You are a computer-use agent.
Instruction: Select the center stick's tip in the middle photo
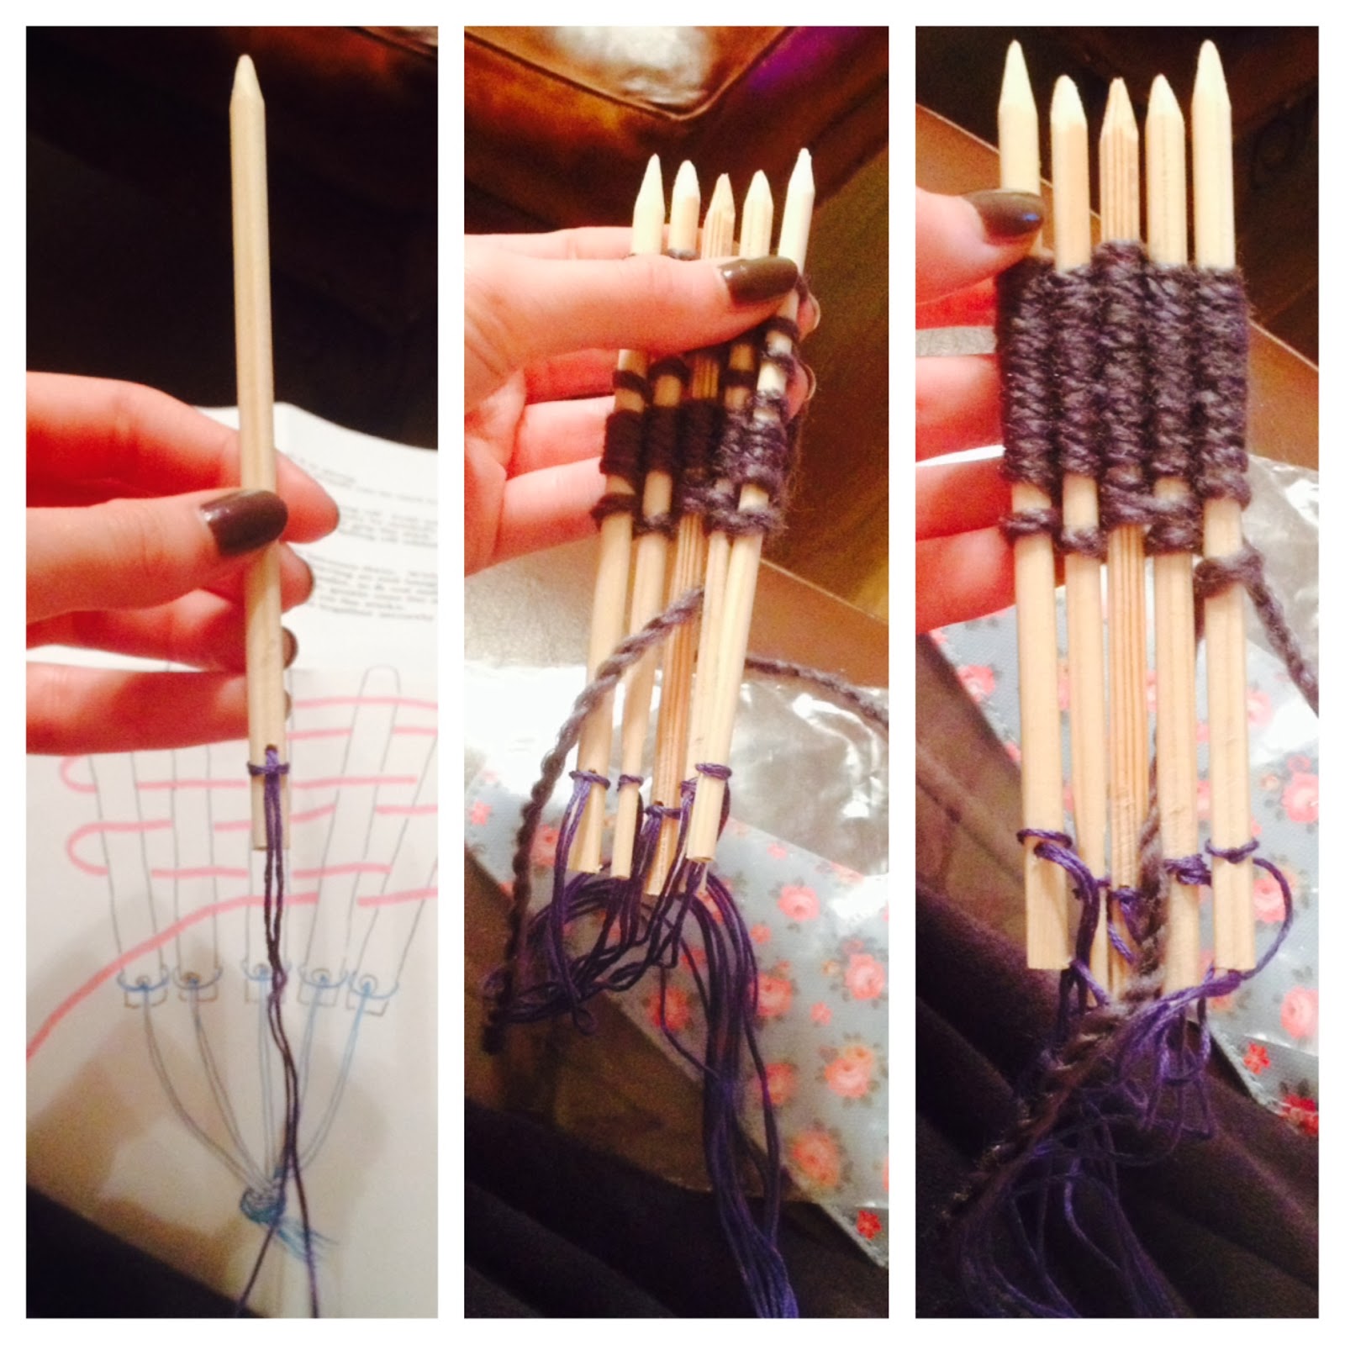[x=720, y=181]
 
